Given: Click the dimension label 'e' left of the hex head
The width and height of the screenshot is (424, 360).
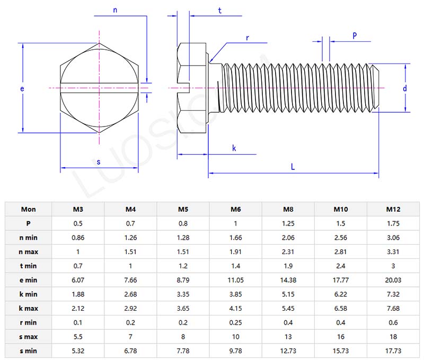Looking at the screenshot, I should [22, 89].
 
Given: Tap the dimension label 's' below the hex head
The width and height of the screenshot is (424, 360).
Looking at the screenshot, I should [99, 162].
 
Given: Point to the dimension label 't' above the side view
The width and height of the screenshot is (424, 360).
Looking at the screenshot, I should [220, 11].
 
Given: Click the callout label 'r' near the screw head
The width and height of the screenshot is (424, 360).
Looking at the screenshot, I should [247, 38].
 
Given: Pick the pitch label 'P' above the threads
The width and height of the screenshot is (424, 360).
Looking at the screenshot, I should [355, 35].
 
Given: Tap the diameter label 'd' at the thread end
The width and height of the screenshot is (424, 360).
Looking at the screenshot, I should [404, 88].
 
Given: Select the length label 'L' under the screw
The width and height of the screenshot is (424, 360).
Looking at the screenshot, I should [293, 166].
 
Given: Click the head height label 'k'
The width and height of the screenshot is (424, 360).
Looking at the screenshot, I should [234, 148].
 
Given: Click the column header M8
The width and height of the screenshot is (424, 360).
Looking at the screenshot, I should [288, 209].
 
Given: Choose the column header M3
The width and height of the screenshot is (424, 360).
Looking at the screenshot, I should [78, 209].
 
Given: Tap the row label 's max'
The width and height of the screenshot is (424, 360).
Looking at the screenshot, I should [29, 337].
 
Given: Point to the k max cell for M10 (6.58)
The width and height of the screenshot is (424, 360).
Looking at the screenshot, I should [341, 308].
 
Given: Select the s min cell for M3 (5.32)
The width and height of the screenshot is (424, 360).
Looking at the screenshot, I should [78, 350].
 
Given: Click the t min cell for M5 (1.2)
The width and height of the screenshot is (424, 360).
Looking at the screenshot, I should [183, 266].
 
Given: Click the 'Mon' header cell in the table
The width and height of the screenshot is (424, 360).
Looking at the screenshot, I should [29, 209].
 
